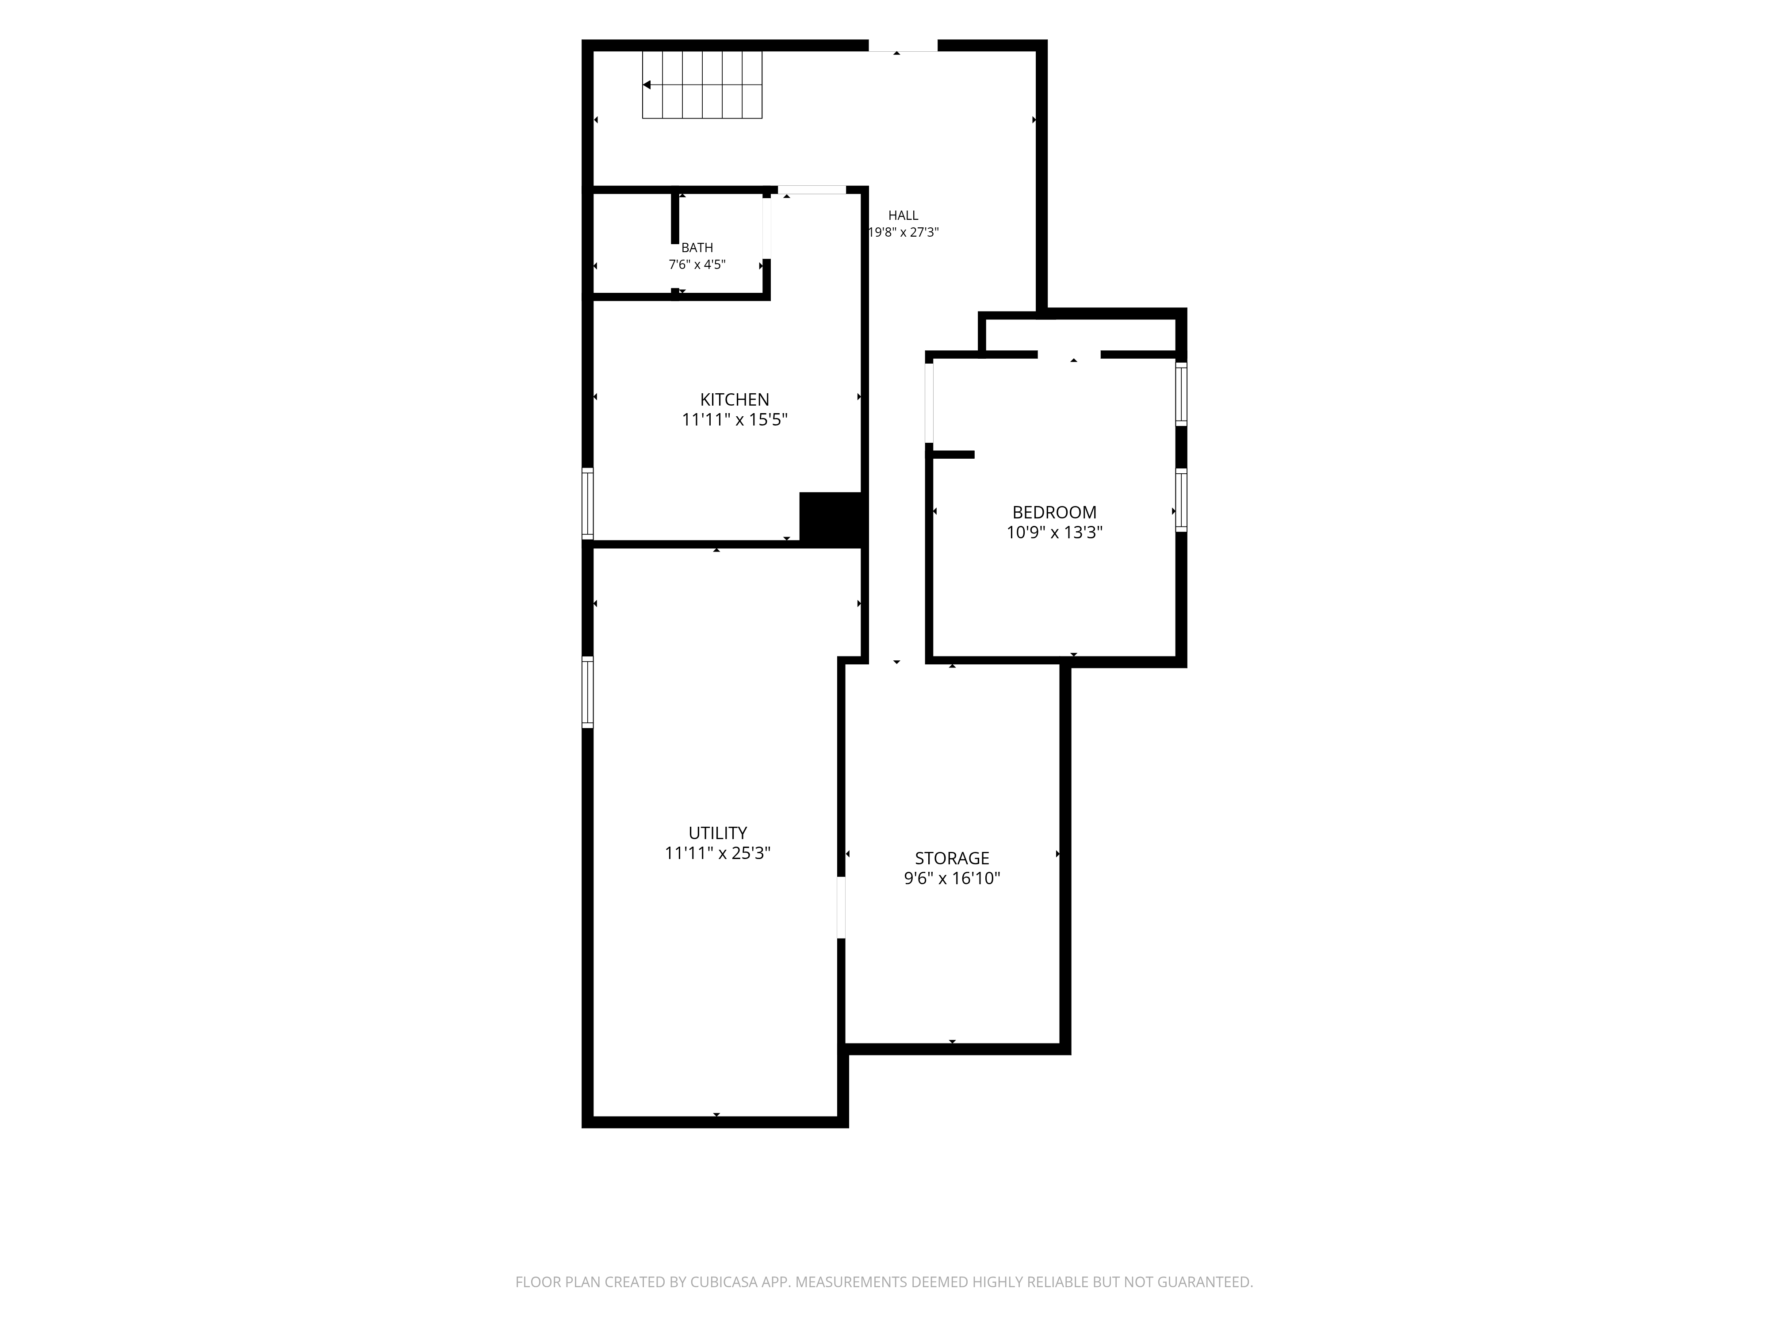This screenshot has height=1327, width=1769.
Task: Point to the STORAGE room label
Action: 952,858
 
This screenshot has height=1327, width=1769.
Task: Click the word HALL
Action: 903,215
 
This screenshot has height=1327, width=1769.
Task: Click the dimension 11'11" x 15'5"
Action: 734,420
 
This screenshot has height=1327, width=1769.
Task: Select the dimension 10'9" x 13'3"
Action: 1054,533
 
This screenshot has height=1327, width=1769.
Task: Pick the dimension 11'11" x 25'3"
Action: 717,853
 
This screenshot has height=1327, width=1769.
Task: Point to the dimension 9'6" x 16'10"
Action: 952,878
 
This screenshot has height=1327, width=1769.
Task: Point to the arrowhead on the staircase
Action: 646,85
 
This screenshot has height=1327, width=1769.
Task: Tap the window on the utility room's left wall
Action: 588,692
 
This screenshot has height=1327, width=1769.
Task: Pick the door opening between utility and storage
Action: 841,907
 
